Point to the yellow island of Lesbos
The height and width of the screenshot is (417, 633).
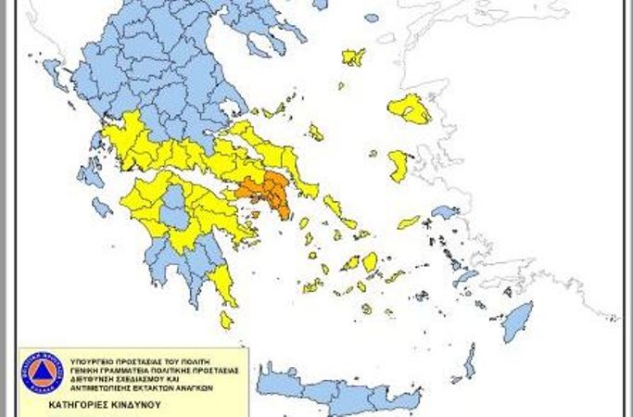tap(409, 108)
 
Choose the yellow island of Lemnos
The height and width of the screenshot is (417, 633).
tap(353, 57)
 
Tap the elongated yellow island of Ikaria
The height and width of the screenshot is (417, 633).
tap(409, 222)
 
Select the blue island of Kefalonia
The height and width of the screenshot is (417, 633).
tap(91, 173)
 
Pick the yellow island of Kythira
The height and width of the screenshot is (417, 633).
tap(226, 320)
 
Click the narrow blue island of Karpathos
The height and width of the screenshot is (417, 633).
tap(469, 361)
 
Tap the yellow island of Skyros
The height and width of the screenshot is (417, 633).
tap(316, 133)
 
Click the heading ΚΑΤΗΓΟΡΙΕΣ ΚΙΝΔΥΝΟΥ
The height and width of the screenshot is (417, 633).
tap(94, 405)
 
